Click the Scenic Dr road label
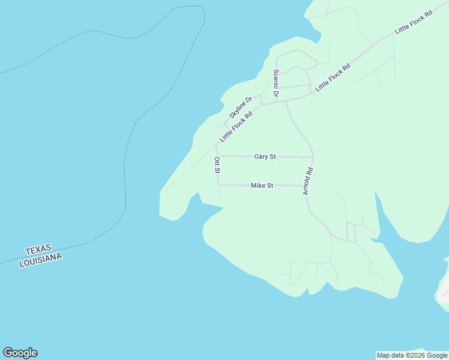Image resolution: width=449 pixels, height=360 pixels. point(276,83)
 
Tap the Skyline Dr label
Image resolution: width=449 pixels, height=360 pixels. point(240,107)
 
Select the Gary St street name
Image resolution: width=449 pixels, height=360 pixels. point(265,157)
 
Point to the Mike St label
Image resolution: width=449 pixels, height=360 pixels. point(262,186)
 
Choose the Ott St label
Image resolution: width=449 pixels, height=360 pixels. point(217,166)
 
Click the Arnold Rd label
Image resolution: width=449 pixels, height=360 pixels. point(308,181)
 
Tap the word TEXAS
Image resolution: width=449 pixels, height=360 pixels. point(38,250)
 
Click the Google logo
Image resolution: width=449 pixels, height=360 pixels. point(20,353)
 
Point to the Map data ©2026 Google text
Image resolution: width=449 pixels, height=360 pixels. point(412,355)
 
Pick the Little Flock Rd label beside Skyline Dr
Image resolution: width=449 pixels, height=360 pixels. point(235,125)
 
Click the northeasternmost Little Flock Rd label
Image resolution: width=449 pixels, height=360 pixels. point(414,22)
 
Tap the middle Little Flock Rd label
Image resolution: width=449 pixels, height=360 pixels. point(333,77)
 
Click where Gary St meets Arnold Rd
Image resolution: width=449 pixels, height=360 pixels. point(313,157)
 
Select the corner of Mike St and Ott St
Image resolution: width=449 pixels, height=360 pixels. point(219,185)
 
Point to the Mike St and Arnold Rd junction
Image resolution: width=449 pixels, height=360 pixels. point(308,186)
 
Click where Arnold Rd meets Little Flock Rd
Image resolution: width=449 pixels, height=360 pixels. point(286,101)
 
